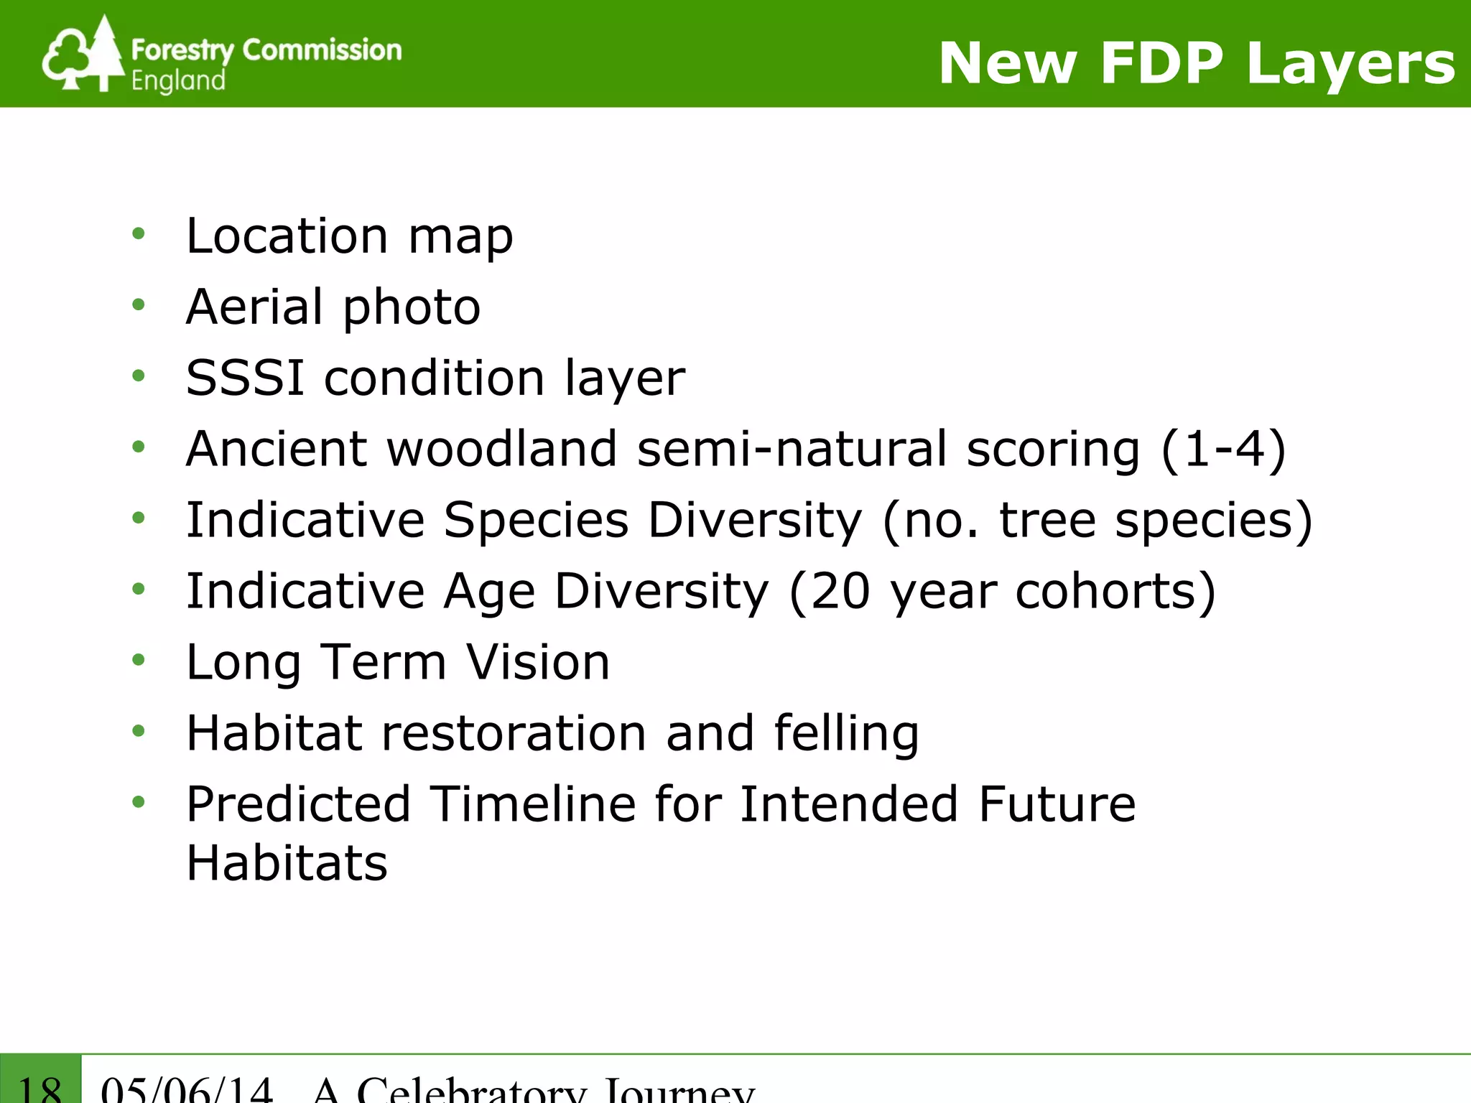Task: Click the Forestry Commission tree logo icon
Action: (x=83, y=55)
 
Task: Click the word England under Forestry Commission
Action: (x=178, y=80)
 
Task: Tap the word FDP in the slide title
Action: (x=1161, y=63)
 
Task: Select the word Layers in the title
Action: (x=1350, y=63)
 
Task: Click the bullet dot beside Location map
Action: (x=139, y=233)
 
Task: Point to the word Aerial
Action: (x=254, y=307)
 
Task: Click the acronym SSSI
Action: (x=244, y=378)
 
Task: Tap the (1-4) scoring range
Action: (x=1223, y=449)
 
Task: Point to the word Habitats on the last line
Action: (x=287, y=862)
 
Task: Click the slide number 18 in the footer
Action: (x=40, y=1087)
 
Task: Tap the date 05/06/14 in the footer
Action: (x=187, y=1089)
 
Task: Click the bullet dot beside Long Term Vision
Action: (x=139, y=660)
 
